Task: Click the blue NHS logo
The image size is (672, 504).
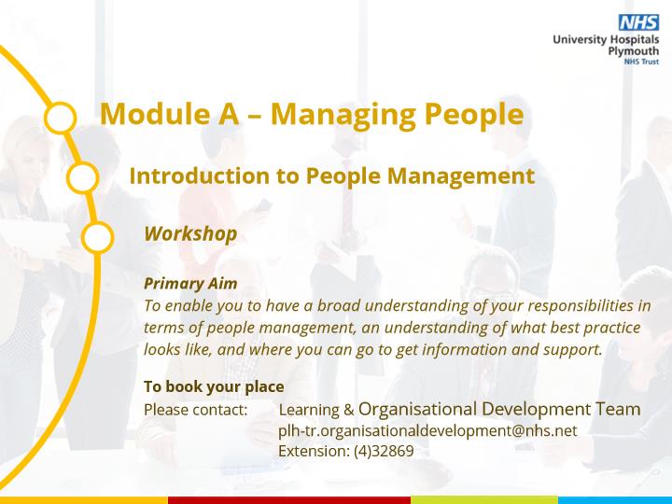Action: pos(638,22)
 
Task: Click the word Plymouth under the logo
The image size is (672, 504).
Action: pos(634,51)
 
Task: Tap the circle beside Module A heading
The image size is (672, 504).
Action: pos(61,118)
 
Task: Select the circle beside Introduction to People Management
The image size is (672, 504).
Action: pos(83,177)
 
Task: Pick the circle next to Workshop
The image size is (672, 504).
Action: pos(97,237)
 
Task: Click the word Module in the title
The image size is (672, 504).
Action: pos(156,114)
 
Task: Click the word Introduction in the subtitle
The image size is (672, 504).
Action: pos(200,175)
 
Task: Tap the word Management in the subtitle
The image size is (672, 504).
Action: pos(461,176)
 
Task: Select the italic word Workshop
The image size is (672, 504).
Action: pos(190,234)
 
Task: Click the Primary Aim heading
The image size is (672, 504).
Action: pos(190,284)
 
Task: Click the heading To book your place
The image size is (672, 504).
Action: pos(214,386)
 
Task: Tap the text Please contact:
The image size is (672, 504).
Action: pos(196,410)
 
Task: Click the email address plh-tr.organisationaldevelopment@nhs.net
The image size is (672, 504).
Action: pos(427,430)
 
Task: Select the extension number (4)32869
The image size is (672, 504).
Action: pos(384,452)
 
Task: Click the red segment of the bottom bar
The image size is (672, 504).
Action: pos(289,500)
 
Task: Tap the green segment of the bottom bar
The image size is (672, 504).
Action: pos(484,500)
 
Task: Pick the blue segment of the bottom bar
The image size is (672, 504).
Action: pos(615,500)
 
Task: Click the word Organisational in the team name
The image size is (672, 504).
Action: pos(417,410)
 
